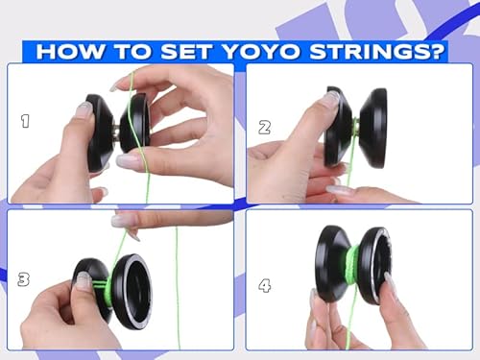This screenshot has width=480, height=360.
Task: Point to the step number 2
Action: [x=265, y=126]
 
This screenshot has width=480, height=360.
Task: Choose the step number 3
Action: [x=23, y=279]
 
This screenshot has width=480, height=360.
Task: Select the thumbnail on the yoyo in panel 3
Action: [x=84, y=280]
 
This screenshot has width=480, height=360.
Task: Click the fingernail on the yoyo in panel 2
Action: [x=329, y=98]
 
